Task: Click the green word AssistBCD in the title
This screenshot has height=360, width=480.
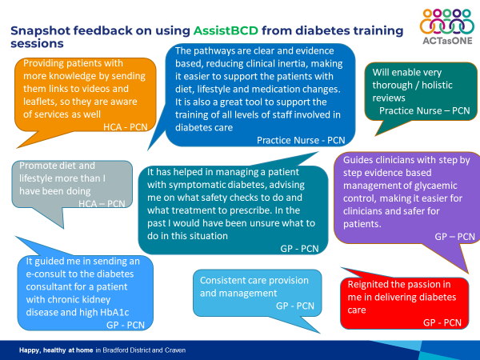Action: click(226, 30)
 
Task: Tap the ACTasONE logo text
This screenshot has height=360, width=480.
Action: click(447, 41)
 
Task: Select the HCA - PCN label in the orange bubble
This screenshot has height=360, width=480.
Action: click(126, 126)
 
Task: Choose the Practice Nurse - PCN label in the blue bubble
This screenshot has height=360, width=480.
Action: click(301, 140)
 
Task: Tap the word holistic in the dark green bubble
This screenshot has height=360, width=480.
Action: click(437, 85)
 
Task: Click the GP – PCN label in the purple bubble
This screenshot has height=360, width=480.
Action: click(454, 236)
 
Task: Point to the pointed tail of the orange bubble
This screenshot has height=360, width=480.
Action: click(18, 147)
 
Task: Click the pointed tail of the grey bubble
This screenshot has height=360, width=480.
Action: click(63, 227)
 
